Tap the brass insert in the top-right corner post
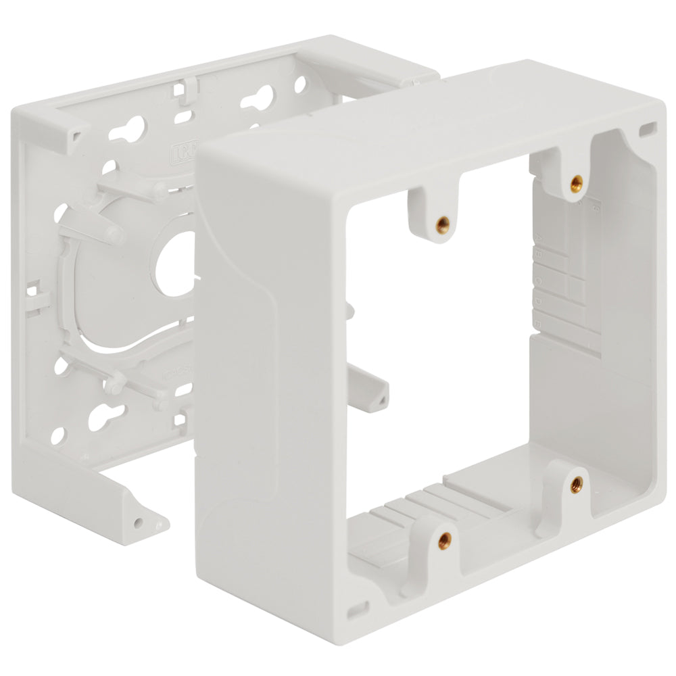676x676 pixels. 577,181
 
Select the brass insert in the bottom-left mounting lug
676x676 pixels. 444,539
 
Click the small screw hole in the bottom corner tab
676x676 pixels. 139,523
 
